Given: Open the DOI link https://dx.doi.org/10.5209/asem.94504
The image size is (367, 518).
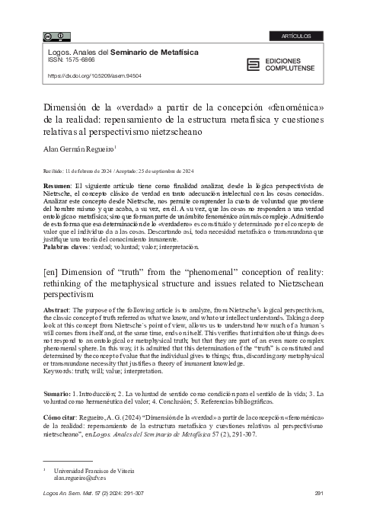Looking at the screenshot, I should pos(95,75).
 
